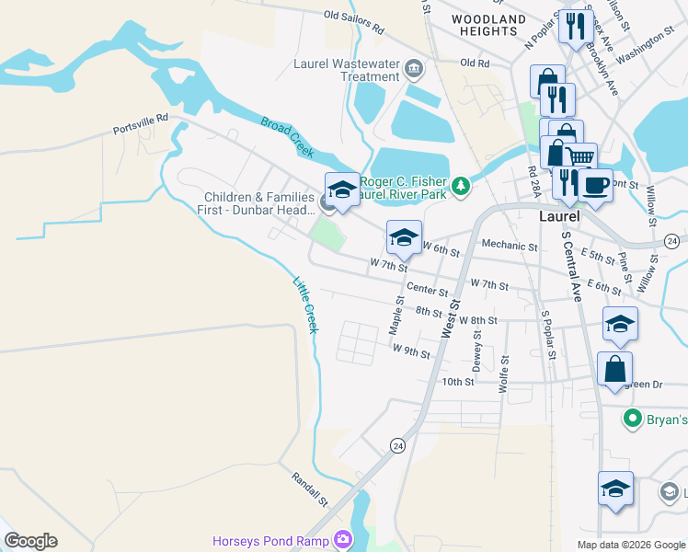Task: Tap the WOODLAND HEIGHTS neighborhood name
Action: pos(489,25)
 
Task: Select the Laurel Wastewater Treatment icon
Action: pos(414,69)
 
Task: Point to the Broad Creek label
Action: pos(281,134)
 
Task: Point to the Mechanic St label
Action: pos(510,246)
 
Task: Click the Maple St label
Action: pos(396,315)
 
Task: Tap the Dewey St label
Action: pos(476,350)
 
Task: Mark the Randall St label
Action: pos(310,489)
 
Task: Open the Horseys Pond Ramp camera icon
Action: pos(343,539)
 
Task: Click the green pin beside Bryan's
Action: pos(632,420)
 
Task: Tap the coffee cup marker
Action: pos(596,184)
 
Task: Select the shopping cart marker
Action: pos(579,158)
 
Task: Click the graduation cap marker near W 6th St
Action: pos(404,237)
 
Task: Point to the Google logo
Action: pos(30,541)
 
